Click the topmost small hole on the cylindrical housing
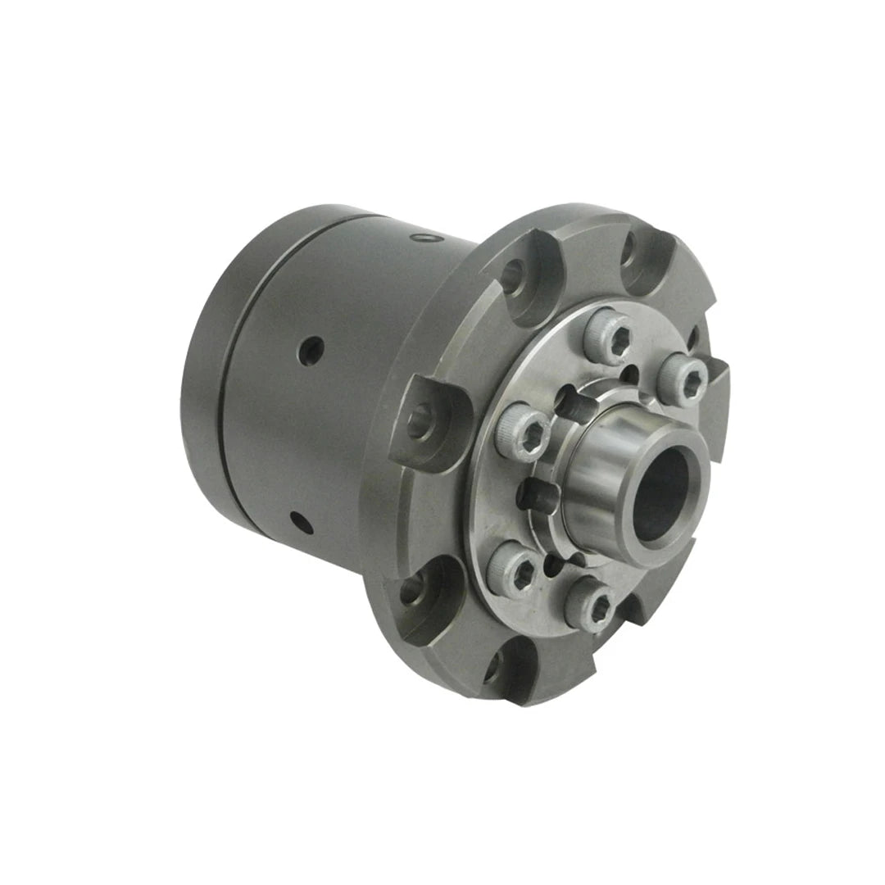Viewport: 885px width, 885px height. (423, 238)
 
